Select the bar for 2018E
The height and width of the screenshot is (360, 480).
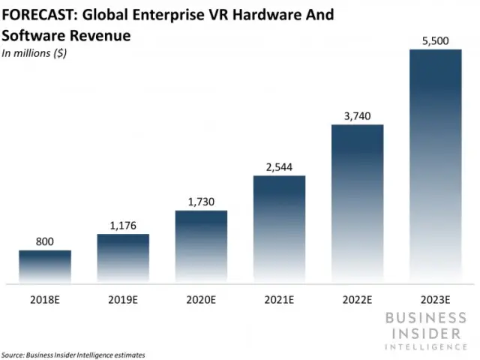pos(45,266)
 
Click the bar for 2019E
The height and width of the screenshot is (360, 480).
pos(123,259)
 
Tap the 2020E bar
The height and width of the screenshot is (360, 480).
pos(201,247)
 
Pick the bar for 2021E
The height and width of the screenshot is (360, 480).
pos(279,229)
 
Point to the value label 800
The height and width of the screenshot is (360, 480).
pos(45,241)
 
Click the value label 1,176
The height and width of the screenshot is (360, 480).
pos(123,224)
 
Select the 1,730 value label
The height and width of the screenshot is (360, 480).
pos(201,200)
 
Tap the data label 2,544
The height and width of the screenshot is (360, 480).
pos(279,166)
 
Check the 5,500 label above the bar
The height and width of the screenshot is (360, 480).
pos(435,40)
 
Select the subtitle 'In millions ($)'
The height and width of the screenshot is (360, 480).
pos(34,53)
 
